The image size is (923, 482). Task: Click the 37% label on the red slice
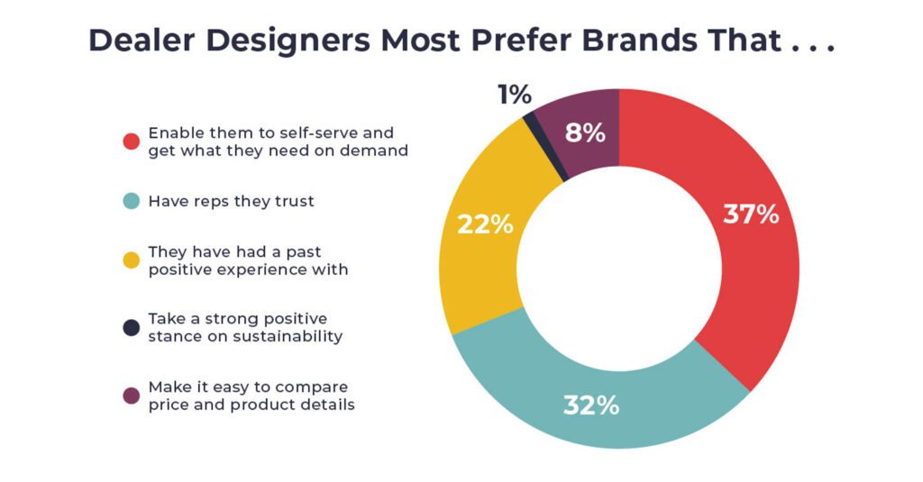(x=751, y=214)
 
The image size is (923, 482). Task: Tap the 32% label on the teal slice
(x=591, y=405)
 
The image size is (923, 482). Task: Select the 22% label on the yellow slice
(x=485, y=224)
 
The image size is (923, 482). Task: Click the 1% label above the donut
(x=514, y=95)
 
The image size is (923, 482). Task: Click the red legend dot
(x=132, y=141)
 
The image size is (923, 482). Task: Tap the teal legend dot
(x=132, y=202)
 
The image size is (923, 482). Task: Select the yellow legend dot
(x=132, y=259)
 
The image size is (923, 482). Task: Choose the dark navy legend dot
(x=132, y=328)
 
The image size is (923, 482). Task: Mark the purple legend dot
(x=132, y=396)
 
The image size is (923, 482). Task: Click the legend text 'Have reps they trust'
(x=232, y=202)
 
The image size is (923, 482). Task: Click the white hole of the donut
(x=619, y=268)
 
